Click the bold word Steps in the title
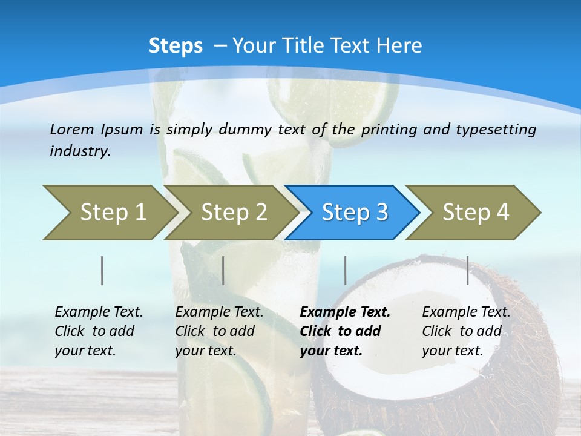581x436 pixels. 176,46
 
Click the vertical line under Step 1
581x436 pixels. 102,270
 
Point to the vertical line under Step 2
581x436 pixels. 223,270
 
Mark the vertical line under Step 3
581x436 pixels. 345,270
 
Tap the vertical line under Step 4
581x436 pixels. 468,270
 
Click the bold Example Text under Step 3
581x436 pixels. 345,331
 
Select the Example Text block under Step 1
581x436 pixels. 99,331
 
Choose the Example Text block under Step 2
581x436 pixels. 219,331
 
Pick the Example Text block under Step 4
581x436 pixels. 466,331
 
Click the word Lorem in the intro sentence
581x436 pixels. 71,129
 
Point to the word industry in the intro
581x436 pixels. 80,151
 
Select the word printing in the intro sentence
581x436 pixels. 387,129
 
